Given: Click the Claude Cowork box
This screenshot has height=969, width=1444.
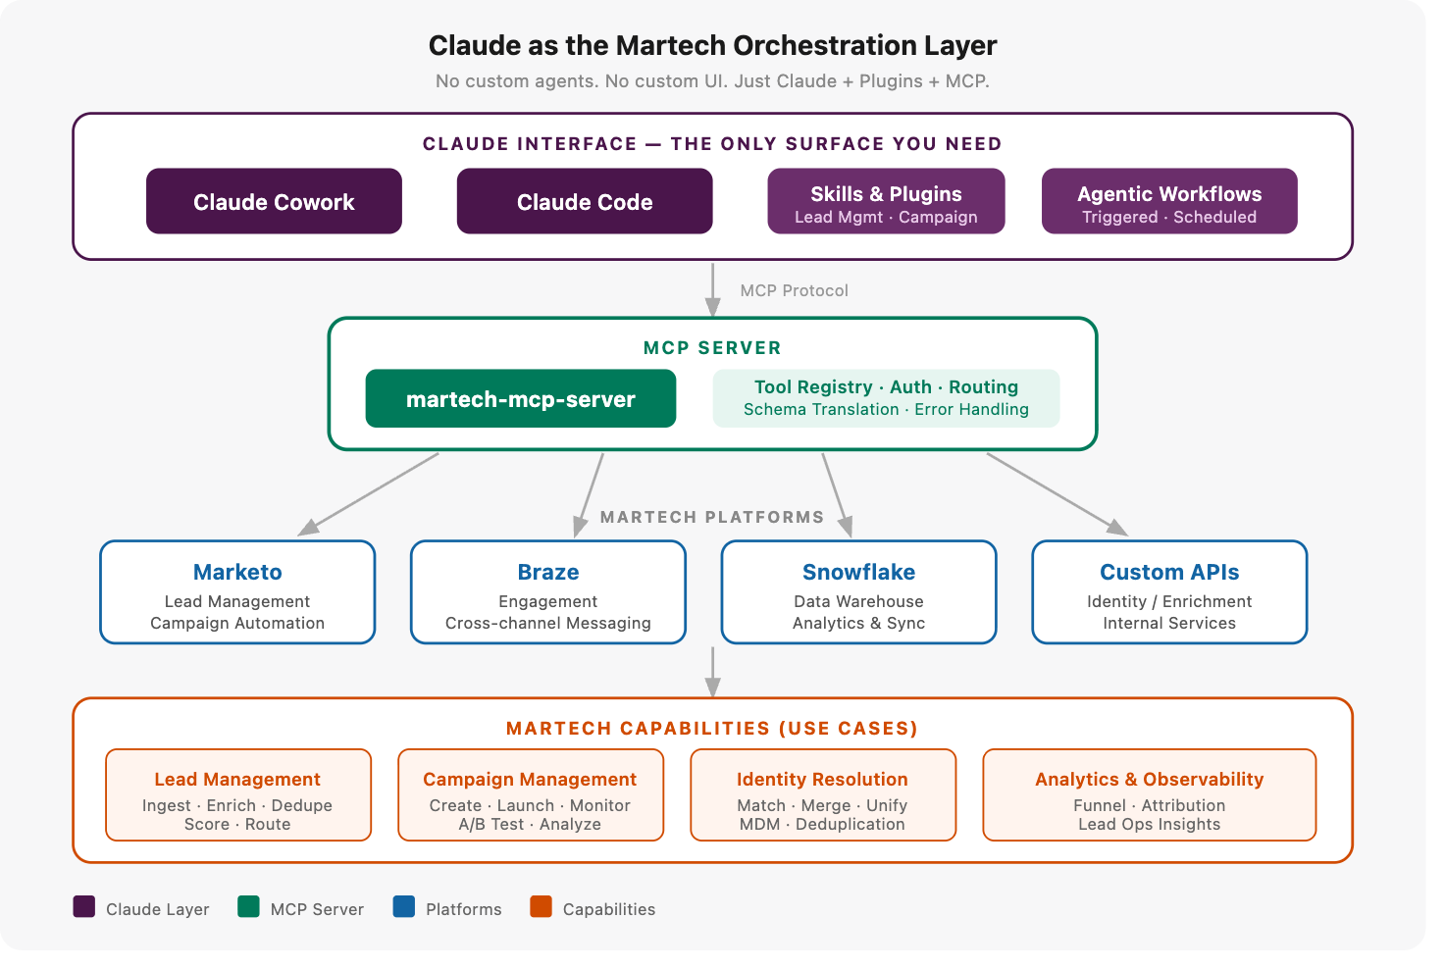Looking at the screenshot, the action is coord(274,201).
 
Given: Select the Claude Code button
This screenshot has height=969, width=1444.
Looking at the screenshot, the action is coord(585,201).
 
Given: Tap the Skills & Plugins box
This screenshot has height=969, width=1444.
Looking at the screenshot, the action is coord(886,201).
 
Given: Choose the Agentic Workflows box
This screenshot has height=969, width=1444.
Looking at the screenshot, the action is coord(1169,201).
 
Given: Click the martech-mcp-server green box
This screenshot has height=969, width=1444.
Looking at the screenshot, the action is coord(520,398).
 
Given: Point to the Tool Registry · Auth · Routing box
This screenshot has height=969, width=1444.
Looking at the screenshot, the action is coord(886,398).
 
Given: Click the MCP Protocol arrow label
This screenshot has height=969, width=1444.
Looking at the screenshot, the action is coord(794,290).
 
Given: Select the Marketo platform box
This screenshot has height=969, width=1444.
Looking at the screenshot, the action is coord(237,591).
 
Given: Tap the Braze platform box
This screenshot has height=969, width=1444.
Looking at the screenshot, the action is coord(548,591).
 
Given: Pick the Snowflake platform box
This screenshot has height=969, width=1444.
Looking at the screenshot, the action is coord(858,591).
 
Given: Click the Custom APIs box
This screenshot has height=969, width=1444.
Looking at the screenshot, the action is coord(1169,591).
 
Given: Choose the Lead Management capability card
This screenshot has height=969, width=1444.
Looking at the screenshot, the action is coord(237,795).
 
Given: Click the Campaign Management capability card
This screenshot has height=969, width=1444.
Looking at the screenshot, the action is coord(531,795).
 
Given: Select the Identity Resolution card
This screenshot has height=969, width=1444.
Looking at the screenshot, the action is coord(823,795).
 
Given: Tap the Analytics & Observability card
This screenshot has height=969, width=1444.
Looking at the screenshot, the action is coord(1150,795).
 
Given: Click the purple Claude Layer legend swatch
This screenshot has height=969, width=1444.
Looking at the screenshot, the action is coord(83,906).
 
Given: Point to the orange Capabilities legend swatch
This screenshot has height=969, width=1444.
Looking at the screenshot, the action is coord(541,906).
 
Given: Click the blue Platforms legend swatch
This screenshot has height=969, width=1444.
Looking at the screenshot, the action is coord(403,906).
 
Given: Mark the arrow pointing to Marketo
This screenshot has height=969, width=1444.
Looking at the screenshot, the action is coord(368,494).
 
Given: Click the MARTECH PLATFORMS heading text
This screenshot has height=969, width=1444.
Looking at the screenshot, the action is coord(712,517).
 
